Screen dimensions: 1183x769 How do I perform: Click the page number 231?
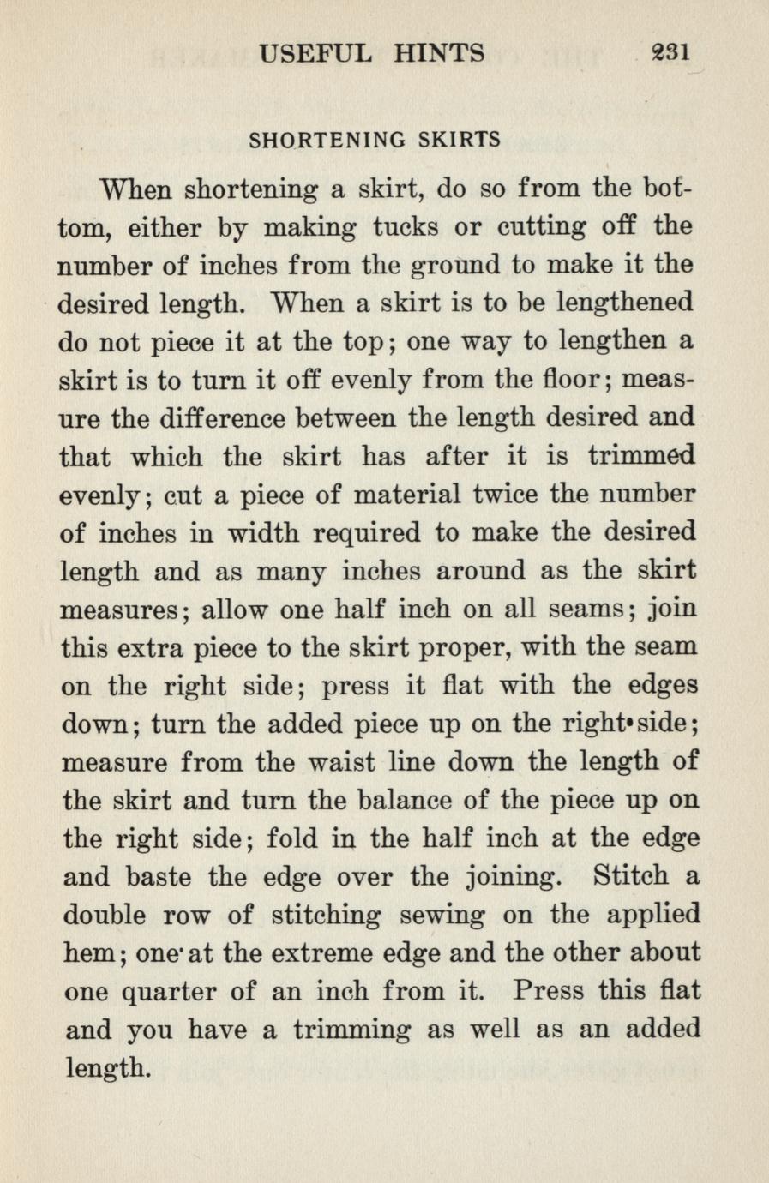tap(670, 53)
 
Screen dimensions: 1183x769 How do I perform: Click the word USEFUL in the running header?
tap(315, 54)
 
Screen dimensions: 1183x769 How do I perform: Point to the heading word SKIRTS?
tap(459, 140)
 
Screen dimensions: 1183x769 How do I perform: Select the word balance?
tap(402, 801)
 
